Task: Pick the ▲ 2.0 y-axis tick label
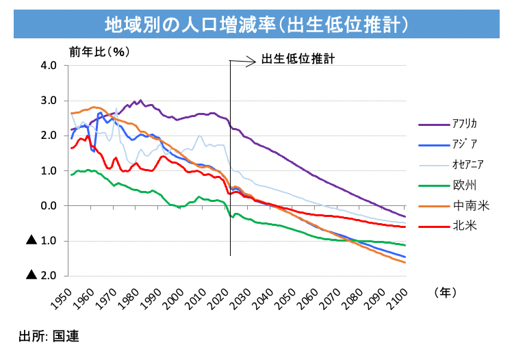[44, 276]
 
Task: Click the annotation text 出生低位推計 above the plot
[297, 60]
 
